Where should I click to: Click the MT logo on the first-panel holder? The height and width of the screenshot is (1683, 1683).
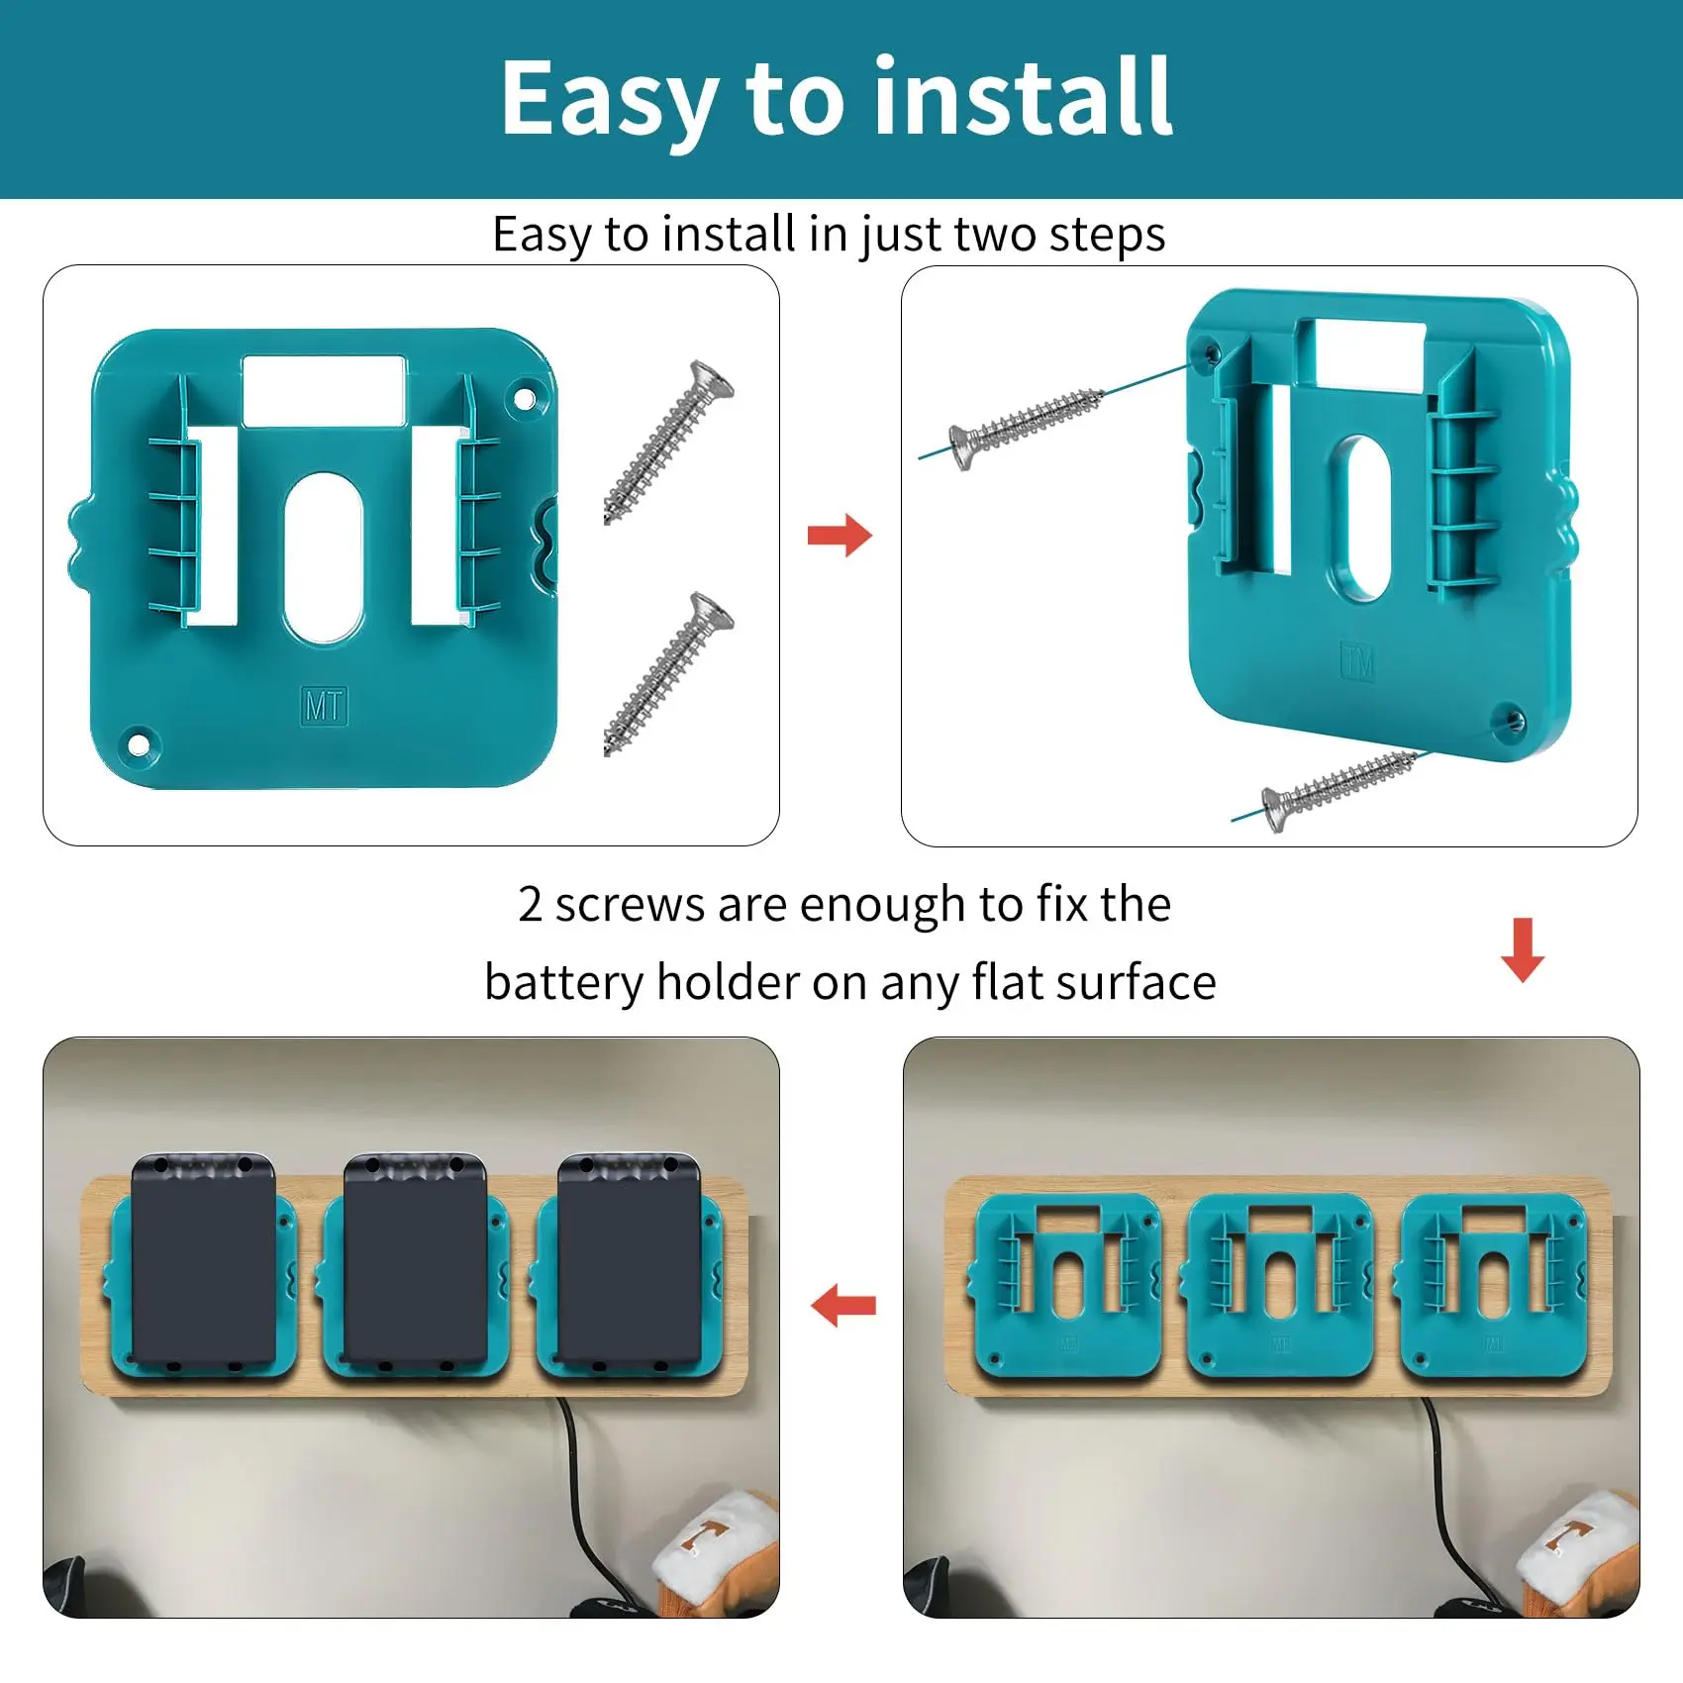tap(324, 706)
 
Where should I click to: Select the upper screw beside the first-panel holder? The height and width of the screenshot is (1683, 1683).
tap(669, 442)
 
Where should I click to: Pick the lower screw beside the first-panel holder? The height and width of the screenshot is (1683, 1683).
tap(669, 674)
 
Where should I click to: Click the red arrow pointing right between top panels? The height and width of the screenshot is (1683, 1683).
tap(840, 536)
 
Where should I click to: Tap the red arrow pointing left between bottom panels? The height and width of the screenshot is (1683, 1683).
tap(843, 1306)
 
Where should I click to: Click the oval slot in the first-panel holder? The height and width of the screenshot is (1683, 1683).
tap(324, 558)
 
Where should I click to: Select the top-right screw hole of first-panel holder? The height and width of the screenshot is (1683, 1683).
tap(525, 401)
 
